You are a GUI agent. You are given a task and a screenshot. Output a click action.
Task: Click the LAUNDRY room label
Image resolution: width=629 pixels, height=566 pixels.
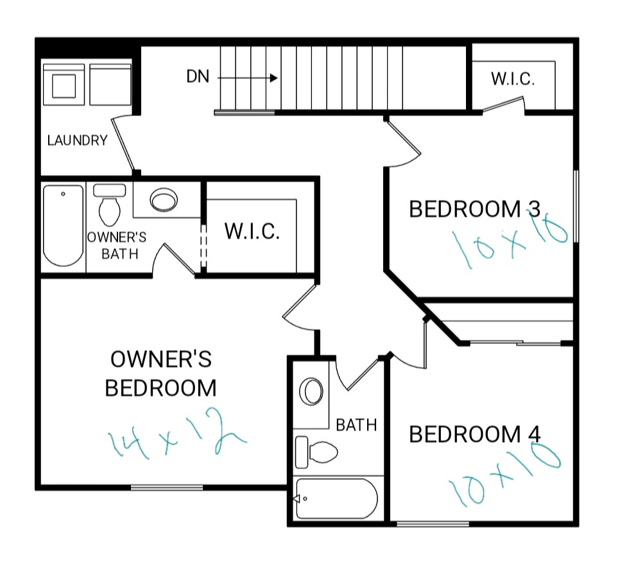point(78,141)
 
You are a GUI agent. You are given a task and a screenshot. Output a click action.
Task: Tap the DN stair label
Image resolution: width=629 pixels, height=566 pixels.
point(198,76)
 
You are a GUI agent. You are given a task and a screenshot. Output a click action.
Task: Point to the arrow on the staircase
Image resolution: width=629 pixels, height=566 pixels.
point(248,78)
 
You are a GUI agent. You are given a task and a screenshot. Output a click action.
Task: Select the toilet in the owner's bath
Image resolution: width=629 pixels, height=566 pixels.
point(110,205)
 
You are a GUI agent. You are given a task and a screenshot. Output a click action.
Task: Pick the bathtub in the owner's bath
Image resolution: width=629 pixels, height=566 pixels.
point(63,225)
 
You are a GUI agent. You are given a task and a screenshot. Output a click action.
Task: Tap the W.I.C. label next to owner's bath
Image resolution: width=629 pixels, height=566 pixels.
point(252,232)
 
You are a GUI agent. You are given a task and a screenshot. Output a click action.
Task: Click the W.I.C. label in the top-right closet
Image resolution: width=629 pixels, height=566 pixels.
point(513,79)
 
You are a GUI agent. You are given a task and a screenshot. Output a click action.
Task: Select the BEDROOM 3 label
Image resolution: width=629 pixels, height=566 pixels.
point(475,209)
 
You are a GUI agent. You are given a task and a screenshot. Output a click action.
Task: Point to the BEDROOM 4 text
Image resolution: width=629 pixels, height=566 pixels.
point(475,434)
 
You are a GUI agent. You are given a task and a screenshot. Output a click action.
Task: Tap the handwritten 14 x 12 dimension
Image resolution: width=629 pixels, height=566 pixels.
point(177,434)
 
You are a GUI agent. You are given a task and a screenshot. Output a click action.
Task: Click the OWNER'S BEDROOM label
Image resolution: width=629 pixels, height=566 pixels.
point(161,373)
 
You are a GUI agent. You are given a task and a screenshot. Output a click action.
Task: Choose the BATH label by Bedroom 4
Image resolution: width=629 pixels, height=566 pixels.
point(356,425)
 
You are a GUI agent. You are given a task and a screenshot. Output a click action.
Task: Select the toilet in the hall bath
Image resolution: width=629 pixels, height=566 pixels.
point(316,452)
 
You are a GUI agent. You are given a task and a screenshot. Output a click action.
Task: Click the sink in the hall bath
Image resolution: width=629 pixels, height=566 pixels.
point(311,391)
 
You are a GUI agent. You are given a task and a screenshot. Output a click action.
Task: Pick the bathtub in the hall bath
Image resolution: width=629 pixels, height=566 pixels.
point(336,499)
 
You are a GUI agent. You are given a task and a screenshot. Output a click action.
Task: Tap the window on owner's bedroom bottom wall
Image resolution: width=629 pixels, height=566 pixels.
point(167,488)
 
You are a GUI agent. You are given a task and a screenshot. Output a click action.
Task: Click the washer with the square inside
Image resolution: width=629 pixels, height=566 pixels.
point(64,85)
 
